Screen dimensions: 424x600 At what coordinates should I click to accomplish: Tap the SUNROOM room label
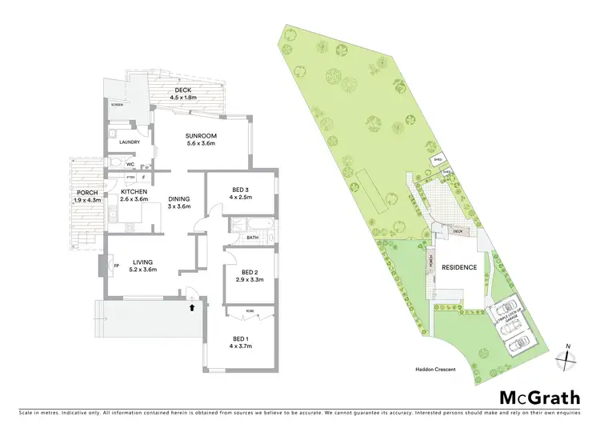[202, 137]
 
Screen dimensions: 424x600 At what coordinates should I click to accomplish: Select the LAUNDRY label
[130, 142]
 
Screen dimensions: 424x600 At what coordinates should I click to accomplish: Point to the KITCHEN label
[135, 192]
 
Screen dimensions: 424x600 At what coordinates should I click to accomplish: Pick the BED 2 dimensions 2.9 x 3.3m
[250, 281]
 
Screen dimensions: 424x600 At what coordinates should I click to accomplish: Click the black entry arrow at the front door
[191, 305]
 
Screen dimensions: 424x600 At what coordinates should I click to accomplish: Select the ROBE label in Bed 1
[249, 309]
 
